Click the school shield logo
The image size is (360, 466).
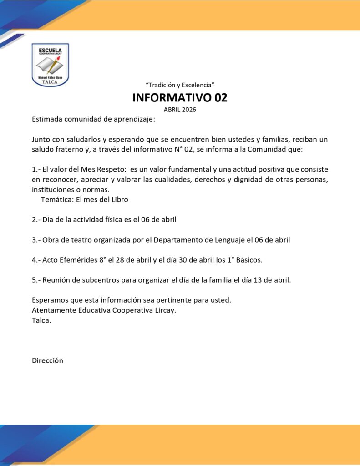[50, 65]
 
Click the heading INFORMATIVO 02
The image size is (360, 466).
[180, 97]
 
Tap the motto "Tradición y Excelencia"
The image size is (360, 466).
[180, 85]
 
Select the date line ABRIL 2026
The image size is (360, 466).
[180, 110]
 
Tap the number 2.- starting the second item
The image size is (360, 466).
[36, 219]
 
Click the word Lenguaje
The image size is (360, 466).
[247, 239]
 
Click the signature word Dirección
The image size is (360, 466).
[47, 360]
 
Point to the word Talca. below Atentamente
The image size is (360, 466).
[41, 320]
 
